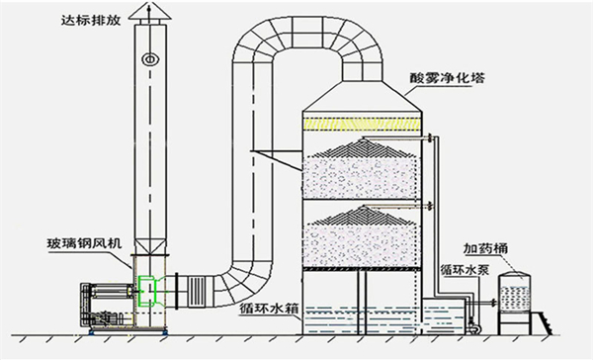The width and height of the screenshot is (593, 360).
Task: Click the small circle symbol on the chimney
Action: tap(150, 58)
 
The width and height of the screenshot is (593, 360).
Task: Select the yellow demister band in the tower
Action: tap(365, 123)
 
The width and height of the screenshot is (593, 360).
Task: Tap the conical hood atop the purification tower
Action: tap(365, 98)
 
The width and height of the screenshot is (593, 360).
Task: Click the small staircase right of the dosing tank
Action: tap(545, 320)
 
